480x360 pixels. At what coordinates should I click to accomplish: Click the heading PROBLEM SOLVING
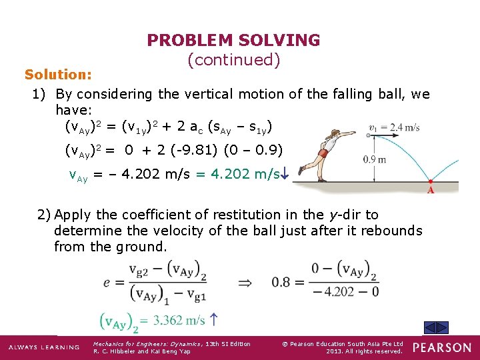pos(233,41)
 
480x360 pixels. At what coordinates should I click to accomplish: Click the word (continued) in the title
pos(233,60)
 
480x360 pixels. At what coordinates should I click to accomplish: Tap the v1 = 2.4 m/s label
pos(395,127)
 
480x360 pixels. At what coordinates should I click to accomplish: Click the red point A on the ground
pos(431,181)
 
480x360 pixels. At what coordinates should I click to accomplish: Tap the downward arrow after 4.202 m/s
pos(284,175)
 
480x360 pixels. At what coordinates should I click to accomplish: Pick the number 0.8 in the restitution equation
pos(281,281)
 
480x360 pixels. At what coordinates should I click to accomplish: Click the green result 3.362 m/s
pos(179,321)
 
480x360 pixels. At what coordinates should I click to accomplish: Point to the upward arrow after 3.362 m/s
pos(215,320)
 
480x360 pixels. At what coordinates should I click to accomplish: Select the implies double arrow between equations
pos(245,281)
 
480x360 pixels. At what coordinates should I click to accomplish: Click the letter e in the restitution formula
pos(107,282)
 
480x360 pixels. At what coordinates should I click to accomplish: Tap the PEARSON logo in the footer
pos(442,347)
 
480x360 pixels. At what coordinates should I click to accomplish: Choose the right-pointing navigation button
pos(443,327)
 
